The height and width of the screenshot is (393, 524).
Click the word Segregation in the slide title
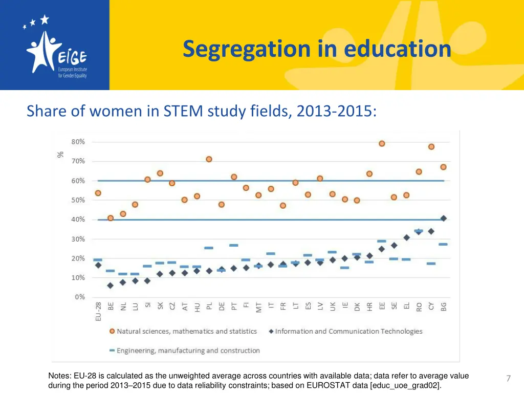coord(246,49)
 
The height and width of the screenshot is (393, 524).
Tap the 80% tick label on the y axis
coord(78,142)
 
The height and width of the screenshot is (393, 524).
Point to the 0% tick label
coord(79,297)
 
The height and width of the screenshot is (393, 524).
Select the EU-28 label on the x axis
coord(98,311)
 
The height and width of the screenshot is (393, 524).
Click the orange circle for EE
coord(382,143)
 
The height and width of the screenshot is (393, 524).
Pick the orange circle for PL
coord(209,159)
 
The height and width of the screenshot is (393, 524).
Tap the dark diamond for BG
coord(444,219)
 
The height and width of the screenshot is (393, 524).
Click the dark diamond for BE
coord(110,286)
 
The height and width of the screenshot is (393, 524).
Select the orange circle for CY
coord(431,146)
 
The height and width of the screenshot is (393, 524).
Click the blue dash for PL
coord(209,248)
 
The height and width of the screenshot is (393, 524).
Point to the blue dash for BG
coord(443,244)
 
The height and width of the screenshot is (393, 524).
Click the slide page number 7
coord(508,379)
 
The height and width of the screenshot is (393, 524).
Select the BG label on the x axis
coord(444,307)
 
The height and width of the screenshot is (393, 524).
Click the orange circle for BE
coord(111,218)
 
